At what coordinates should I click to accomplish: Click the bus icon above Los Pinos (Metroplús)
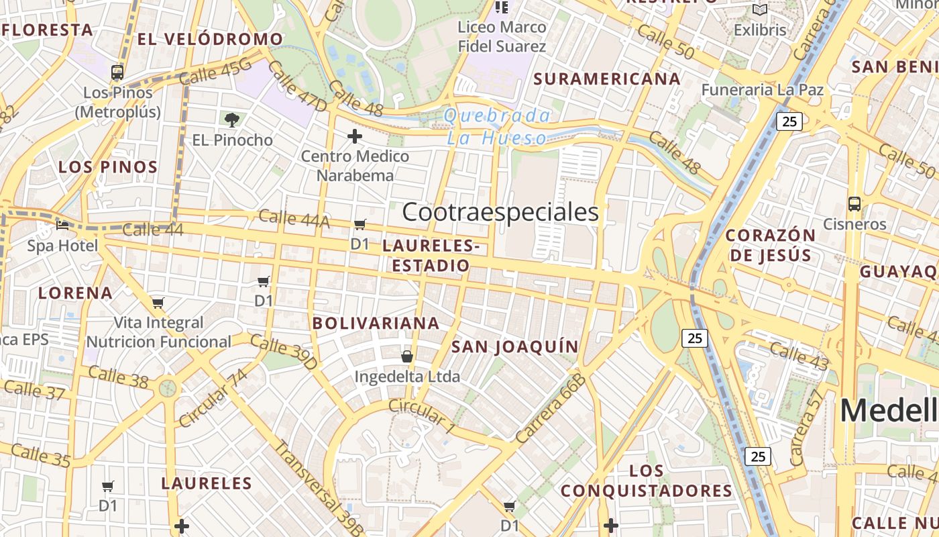pyautogui.click(x=117, y=72)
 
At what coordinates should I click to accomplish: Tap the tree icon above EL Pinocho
pyautogui.click(x=232, y=120)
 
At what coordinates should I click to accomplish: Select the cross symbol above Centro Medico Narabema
pyautogui.click(x=355, y=137)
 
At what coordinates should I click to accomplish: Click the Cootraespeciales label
pyautogui.click(x=500, y=212)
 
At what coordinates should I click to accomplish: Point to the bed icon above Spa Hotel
pyautogui.click(x=62, y=225)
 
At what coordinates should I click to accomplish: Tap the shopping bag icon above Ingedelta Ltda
pyautogui.click(x=406, y=356)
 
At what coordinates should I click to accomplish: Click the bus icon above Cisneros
pyautogui.click(x=854, y=203)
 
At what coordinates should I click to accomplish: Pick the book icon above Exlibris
pyautogui.click(x=759, y=10)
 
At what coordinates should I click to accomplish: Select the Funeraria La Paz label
pyautogui.click(x=762, y=89)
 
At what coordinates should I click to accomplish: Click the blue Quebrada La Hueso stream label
pyautogui.click(x=497, y=127)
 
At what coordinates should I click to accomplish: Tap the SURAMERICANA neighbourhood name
pyautogui.click(x=607, y=79)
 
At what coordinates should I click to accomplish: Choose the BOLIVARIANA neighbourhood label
pyautogui.click(x=376, y=323)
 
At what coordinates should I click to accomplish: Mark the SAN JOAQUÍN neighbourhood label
pyautogui.click(x=514, y=346)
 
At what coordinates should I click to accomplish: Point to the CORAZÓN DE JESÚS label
pyautogui.click(x=771, y=245)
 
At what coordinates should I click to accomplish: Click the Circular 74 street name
pyautogui.click(x=213, y=397)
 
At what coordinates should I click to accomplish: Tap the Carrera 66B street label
pyautogui.click(x=551, y=409)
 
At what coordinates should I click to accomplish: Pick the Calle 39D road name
pyautogui.click(x=284, y=352)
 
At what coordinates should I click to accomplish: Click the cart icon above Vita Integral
pyautogui.click(x=158, y=303)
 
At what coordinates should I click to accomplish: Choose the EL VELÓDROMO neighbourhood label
pyautogui.click(x=210, y=39)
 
